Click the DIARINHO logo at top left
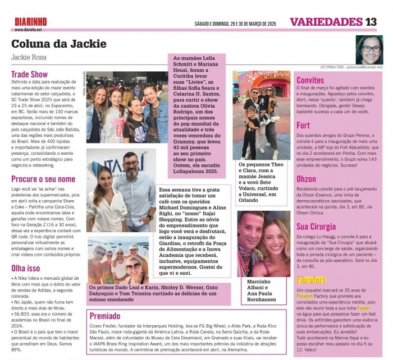(x=31, y=21)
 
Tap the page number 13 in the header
(x=371, y=22)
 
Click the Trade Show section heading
(x=30, y=73)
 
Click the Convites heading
(x=310, y=80)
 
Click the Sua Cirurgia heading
(x=316, y=227)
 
